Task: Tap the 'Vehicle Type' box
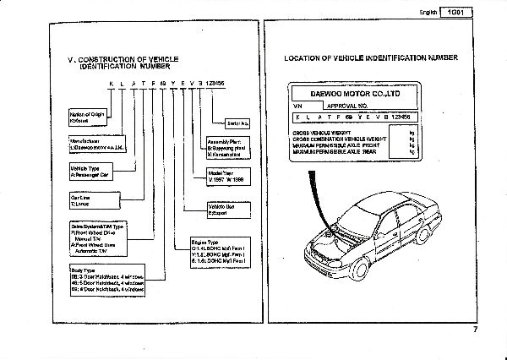point(92,172)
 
